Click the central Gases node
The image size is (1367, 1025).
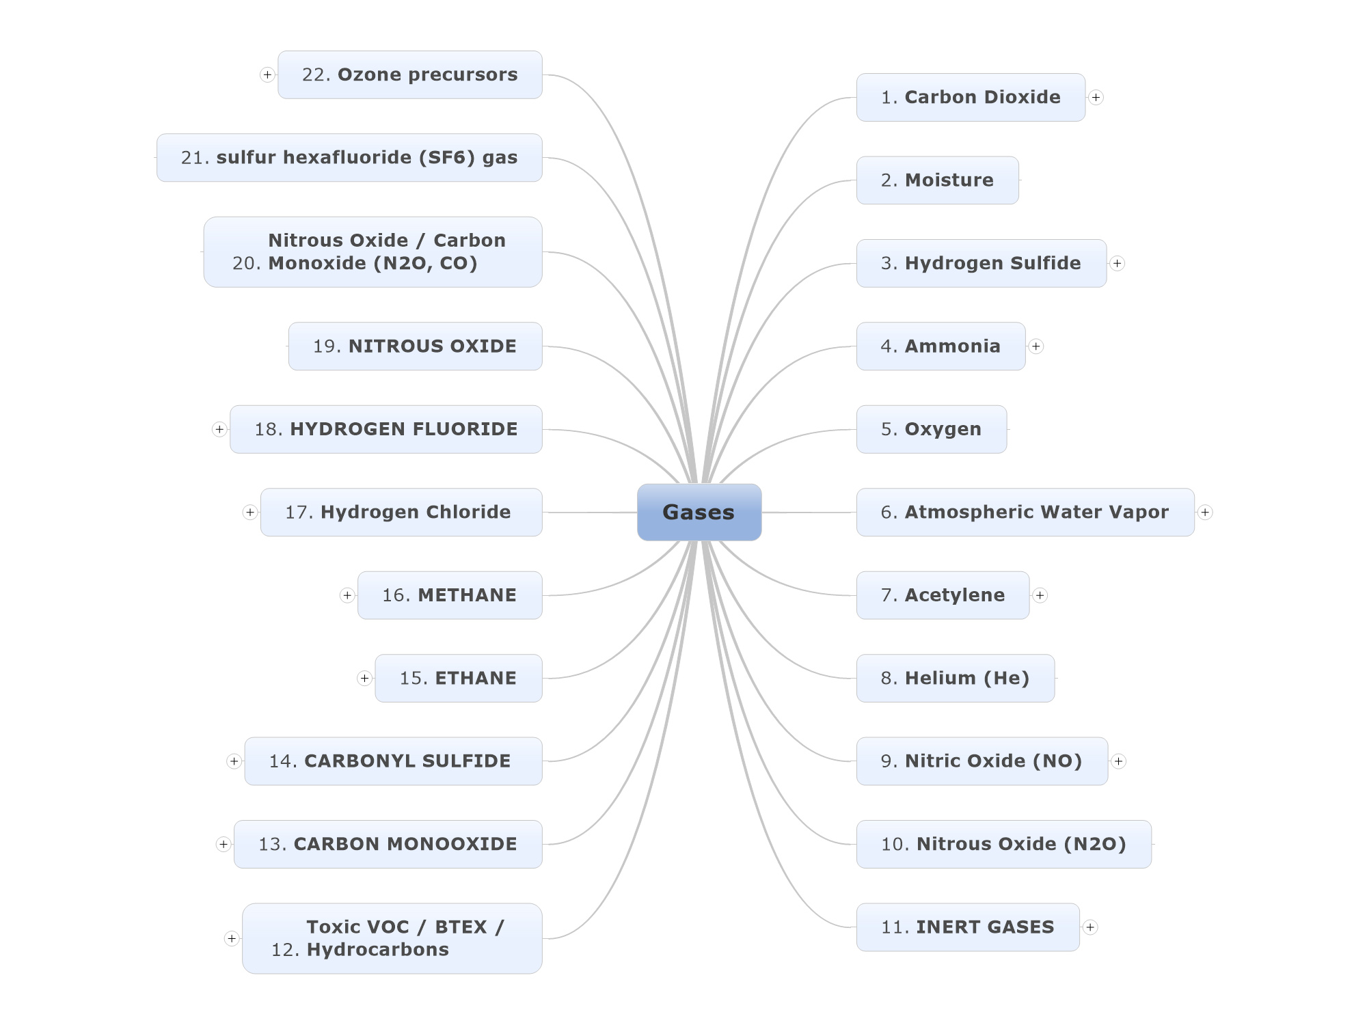point(699,512)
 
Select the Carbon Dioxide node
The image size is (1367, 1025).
point(971,97)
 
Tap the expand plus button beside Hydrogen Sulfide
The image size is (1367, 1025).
point(1117,263)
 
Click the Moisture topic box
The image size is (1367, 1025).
point(937,180)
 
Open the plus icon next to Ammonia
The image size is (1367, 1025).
point(1036,346)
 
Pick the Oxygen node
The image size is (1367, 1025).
point(932,429)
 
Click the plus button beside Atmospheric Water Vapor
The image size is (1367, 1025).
point(1205,512)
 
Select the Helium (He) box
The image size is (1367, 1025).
point(956,678)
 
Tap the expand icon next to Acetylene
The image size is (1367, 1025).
point(1040,595)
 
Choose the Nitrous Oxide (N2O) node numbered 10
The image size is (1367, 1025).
point(1004,844)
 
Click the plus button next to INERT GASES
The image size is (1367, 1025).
point(1090,927)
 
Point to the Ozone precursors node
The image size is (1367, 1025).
point(410,74)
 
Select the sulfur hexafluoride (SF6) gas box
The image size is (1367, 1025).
point(349,157)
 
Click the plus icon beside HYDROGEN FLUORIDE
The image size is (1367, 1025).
point(219,429)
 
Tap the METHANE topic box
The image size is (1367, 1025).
point(450,595)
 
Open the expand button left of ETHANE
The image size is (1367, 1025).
point(364,678)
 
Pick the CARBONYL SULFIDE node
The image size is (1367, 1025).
point(394,761)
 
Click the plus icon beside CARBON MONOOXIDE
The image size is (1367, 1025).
point(223,844)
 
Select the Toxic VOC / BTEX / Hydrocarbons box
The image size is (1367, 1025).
point(392,938)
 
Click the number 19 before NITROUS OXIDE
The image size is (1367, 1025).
point(327,346)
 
